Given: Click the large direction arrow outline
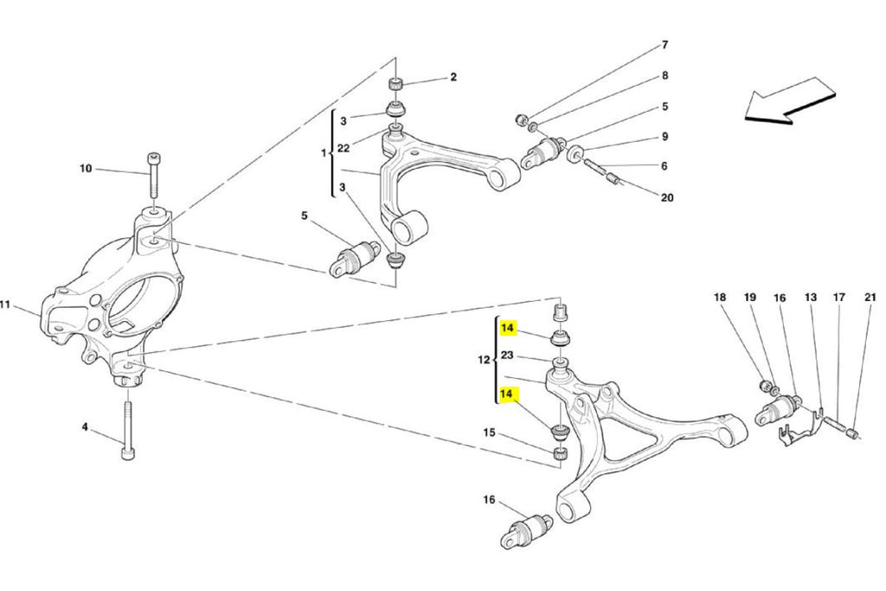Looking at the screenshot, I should pos(791,100).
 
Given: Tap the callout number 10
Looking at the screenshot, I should pos(86,169).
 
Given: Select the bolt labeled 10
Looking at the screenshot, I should pos(153,183).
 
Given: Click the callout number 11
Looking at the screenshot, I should pos(4,304).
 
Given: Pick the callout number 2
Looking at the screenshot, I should pos(453,77).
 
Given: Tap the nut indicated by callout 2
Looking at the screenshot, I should pos(395,84).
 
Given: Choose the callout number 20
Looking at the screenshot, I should pos(666,197).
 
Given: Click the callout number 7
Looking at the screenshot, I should pos(664,44).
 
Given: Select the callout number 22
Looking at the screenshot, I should pos(343,148).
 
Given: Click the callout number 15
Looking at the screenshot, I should pos(489,432).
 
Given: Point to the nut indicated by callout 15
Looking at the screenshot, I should pos(560,453).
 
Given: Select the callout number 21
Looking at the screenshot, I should pos(870,298).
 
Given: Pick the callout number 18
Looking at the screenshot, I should pos(720,298).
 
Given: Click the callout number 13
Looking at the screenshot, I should pos(810,298).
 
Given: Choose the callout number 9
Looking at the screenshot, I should pos(664,137).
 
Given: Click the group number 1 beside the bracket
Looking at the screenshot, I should pos(324,153).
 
